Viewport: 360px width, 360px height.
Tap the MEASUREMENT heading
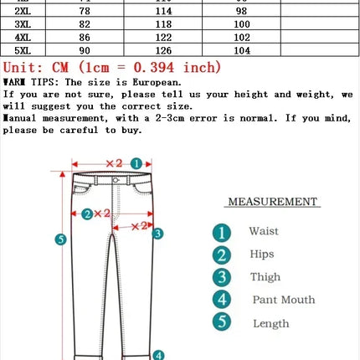coord(273,202)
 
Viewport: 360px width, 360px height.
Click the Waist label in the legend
coord(264,231)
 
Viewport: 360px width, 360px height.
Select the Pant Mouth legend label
coord(284,300)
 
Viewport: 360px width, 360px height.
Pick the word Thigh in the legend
coord(265,277)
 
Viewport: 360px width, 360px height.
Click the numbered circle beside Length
coord(221,322)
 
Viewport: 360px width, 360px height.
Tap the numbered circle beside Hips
coord(221,255)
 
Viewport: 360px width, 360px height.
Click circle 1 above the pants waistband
coord(136,163)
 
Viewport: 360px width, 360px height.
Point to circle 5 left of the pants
coord(60,239)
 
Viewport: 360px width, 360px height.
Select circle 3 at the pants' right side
coord(157,234)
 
